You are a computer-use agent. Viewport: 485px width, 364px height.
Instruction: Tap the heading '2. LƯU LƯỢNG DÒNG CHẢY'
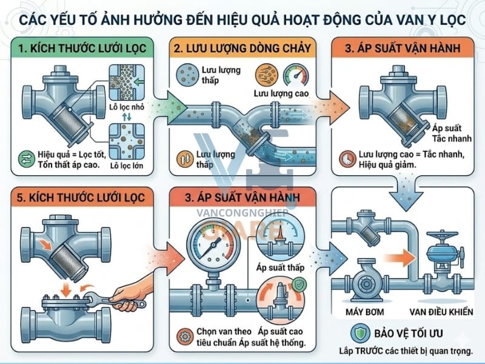coord(242,47)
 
